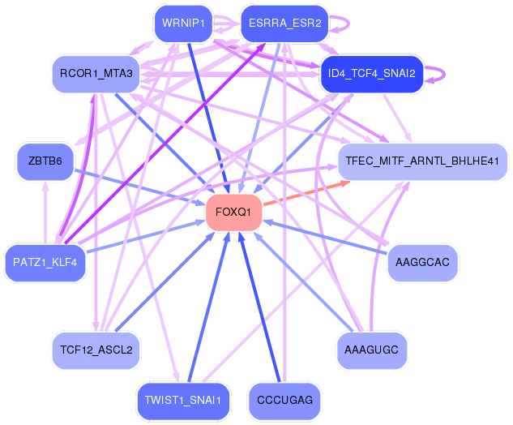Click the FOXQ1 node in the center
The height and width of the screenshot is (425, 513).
pyautogui.click(x=233, y=212)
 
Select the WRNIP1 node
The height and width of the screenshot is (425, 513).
pyautogui.click(x=183, y=24)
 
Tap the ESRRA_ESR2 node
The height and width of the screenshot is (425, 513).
pyautogui.click(x=284, y=24)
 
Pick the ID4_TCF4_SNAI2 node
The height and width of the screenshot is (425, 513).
pyautogui.click(x=372, y=74)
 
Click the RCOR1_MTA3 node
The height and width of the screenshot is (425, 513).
pyautogui.click(x=96, y=74)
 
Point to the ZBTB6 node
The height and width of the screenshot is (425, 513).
pyautogui.click(x=45, y=161)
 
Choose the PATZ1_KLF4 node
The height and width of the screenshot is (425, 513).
pyautogui.click(x=45, y=263)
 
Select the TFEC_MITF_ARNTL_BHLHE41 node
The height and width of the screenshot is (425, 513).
pyautogui.click(x=422, y=161)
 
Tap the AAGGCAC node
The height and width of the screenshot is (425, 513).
pyautogui.click(x=422, y=263)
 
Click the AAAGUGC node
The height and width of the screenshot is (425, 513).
pyautogui.click(x=372, y=350)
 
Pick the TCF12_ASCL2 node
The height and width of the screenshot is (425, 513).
pyautogui.click(x=96, y=350)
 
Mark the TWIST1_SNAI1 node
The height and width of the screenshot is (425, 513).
pyautogui.click(x=183, y=401)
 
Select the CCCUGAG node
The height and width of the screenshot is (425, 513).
pyautogui.click(x=284, y=401)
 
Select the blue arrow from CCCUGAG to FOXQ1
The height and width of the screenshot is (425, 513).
pyautogui.click(x=259, y=307)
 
